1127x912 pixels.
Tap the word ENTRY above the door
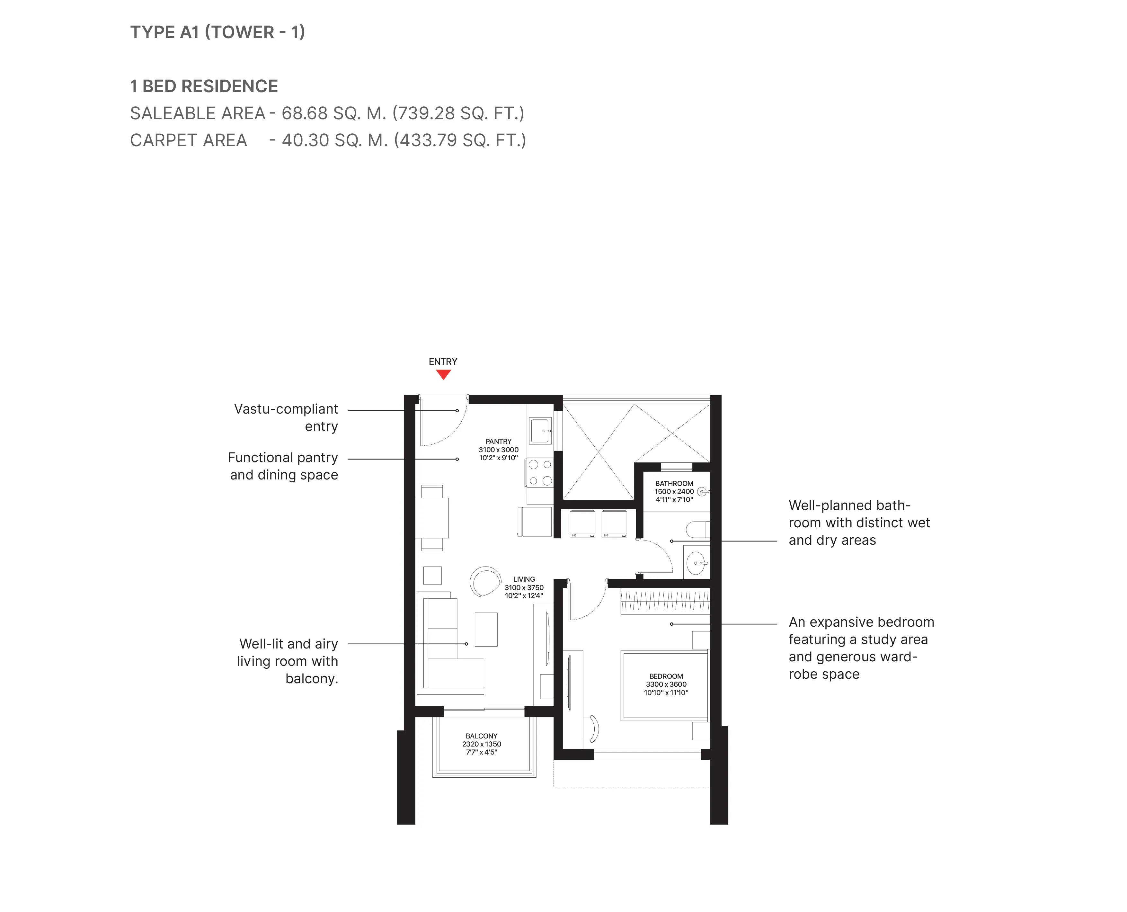point(443,362)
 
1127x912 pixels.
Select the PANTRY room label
point(498,441)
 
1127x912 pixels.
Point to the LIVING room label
point(524,579)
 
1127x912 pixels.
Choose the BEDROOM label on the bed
point(666,676)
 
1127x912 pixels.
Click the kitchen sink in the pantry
point(540,431)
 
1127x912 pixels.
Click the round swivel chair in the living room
point(485,582)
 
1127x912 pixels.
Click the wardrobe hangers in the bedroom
point(665,602)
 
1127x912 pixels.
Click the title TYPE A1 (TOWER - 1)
point(217,32)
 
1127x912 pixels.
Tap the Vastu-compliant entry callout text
point(286,418)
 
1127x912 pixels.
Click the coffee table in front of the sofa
point(486,629)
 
